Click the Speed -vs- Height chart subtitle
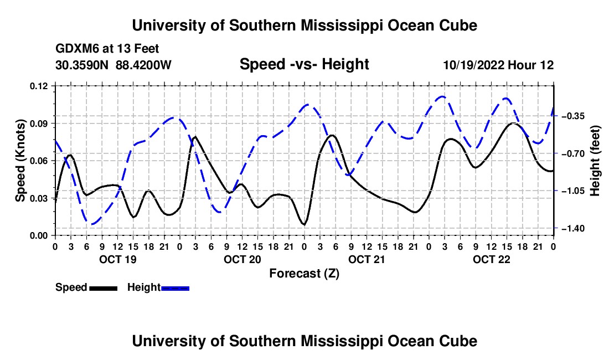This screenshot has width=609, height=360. click(304, 64)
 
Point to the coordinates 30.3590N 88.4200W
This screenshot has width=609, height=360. click(113, 65)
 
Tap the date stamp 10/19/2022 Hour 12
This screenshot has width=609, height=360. click(498, 65)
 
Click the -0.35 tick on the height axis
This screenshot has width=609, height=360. click(573, 116)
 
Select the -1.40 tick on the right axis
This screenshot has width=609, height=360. click(573, 228)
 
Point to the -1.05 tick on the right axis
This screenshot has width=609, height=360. click(573, 191)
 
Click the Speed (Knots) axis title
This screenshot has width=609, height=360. click(20, 161)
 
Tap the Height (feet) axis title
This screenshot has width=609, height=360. click(595, 161)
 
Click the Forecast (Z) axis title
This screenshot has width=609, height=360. click(304, 274)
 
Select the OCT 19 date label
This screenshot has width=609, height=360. click(118, 259)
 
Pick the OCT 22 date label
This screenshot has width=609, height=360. click(491, 259)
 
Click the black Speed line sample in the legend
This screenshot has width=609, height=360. click(104, 288)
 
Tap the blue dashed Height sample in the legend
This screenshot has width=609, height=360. click(175, 288)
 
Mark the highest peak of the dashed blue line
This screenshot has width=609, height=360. click(442, 96)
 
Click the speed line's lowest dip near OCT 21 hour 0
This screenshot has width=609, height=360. click(304, 224)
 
